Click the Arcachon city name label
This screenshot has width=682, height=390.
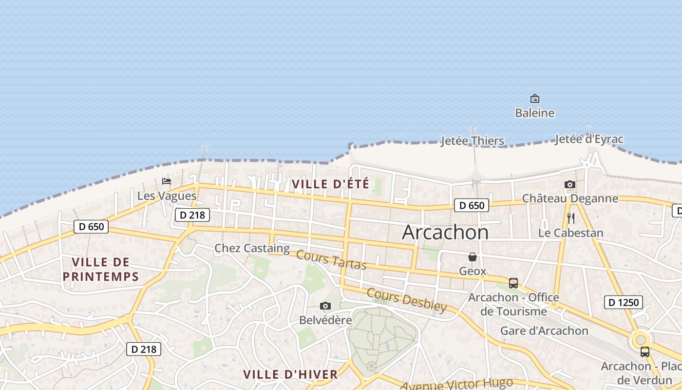(445, 232)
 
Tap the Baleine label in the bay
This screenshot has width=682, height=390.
(535, 113)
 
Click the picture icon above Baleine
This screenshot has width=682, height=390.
(535, 98)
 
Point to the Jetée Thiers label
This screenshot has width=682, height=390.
(472, 141)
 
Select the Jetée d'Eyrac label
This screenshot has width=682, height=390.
(589, 139)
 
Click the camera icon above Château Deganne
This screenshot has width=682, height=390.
(570, 185)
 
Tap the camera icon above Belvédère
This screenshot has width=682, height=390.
(325, 306)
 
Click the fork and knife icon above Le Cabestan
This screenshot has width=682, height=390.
(571, 218)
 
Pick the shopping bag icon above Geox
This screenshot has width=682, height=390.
(473, 257)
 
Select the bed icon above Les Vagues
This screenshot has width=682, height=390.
(167, 182)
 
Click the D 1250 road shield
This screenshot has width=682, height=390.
(624, 302)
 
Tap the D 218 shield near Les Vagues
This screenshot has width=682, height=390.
(192, 214)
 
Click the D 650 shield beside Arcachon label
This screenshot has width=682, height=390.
(471, 205)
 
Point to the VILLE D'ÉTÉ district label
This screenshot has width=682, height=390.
(330, 184)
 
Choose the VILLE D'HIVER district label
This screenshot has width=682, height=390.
(290, 374)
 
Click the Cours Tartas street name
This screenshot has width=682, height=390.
(331, 259)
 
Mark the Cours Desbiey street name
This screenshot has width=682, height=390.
(406, 300)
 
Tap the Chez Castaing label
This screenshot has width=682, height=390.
(252, 248)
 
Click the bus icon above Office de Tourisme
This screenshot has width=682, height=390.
(513, 283)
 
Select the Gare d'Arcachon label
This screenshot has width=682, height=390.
(544, 331)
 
